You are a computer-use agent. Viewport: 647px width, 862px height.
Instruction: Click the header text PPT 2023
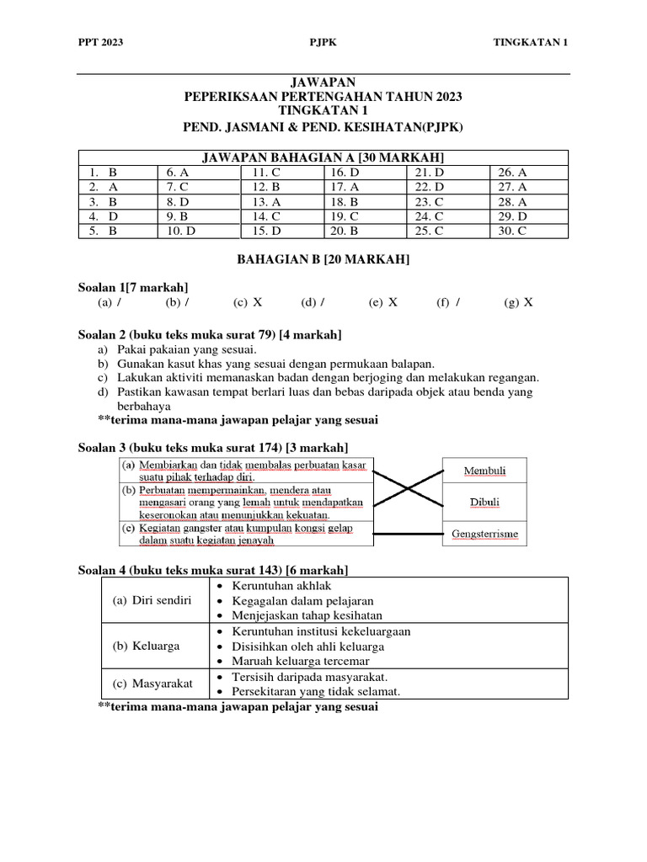pyautogui.click(x=100, y=42)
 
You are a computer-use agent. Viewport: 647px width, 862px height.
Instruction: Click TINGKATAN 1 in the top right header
pyautogui.click(x=530, y=42)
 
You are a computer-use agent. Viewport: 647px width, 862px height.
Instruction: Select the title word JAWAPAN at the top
pyautogui.click(x=323, y=82)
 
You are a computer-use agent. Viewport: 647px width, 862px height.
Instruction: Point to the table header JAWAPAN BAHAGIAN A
pyautogui.click(x=323, y=157)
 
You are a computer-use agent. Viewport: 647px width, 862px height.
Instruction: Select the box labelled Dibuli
pyautogui.click(x=484, y=503)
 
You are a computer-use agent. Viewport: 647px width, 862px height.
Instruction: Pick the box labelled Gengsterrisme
pyautogui.click(x=484, y=534)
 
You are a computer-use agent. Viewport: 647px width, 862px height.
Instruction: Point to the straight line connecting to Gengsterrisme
pyautogui.click(x=407, y=534)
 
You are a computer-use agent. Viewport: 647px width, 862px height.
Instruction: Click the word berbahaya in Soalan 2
pyautogui.click(x=146, y=405)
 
